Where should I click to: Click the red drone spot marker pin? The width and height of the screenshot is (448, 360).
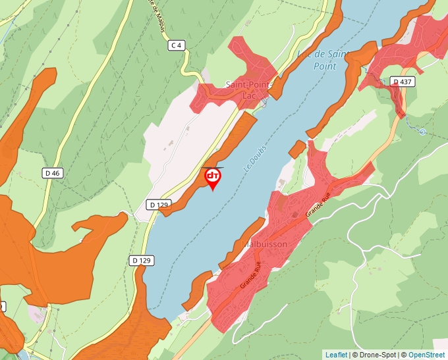(213, 178)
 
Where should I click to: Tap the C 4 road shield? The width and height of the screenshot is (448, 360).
(175, 45)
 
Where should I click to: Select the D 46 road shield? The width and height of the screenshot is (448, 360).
(52, 173)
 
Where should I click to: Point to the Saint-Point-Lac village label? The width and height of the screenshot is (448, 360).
(248, 90)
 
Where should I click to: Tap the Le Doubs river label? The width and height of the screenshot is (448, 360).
(255, 159)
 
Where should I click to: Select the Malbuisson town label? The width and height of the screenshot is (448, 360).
(266, 244)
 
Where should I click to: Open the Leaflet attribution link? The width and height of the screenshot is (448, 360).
(336, 355)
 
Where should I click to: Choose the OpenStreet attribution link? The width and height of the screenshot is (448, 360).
(426, 355)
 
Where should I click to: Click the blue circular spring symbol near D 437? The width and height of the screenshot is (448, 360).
(422, 132)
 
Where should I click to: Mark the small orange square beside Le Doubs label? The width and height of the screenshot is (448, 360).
(297, 149)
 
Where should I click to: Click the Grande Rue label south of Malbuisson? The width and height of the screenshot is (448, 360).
(251, 275)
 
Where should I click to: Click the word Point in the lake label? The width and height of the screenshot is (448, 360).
(324, 66)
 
